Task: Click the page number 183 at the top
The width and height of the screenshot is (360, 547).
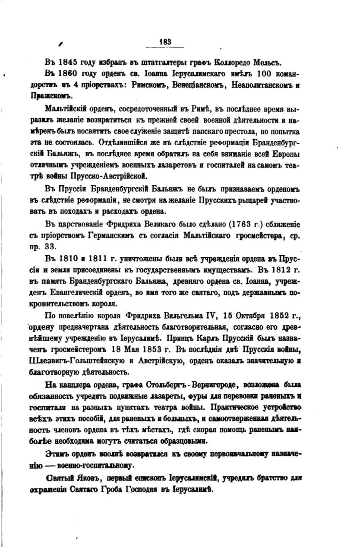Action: point(165,42)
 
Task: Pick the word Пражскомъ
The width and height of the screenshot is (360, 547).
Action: point(59,96)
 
